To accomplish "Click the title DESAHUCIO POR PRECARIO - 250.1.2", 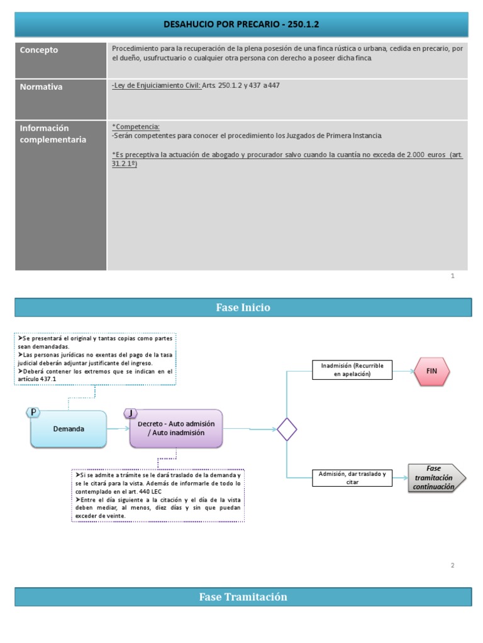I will [x=241, y=24].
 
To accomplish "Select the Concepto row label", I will [x=39, y=50].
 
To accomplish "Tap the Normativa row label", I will [x=42, y=87].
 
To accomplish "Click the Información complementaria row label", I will [x=53, y=134].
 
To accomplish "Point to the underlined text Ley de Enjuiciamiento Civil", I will [x=157, y=85].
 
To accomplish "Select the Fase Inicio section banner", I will [x=243, y=307].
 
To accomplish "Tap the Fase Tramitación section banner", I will [x=243, y=597].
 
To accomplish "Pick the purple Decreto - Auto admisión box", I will [x=176, y=428].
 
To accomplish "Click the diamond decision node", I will [x=287, y=430].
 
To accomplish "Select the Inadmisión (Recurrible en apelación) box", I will [x=352, y=370].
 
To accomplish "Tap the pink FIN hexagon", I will [x=431, y=370].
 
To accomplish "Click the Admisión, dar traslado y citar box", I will [x=352, y=478].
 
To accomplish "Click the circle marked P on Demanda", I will [x=33, y=412].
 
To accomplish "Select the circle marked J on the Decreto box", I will [x=130, y=413].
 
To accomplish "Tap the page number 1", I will [x=452, y=276].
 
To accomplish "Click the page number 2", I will [x=452, y=566].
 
